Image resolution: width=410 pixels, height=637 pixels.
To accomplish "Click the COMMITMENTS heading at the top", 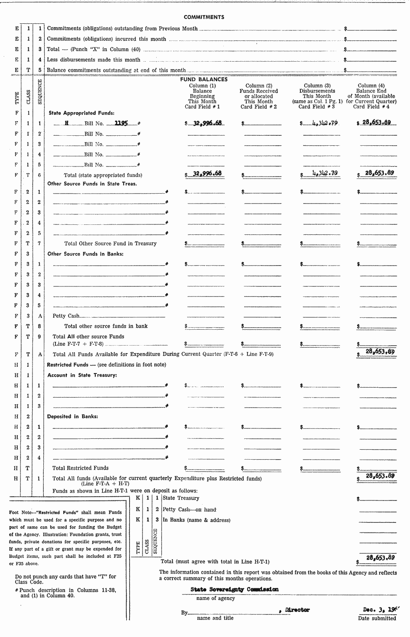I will click(x=204, y=17).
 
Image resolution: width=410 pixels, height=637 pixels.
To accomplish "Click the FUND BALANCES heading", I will click(x=204, y=80).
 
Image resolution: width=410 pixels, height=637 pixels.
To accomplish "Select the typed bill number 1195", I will click(x=121, y=123).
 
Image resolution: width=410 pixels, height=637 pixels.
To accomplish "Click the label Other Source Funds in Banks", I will click(x=85, y=254).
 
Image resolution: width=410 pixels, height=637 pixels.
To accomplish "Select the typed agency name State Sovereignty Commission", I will click(x=234, y=590).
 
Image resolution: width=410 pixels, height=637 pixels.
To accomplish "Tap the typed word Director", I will click(x=297, y=610).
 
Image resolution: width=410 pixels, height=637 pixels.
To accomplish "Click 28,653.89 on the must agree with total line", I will click(x=380, y=557).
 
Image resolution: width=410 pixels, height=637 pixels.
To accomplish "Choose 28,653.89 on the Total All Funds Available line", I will click(x=380, y=351).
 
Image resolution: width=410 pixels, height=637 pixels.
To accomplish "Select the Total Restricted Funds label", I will click(x=80, y=468).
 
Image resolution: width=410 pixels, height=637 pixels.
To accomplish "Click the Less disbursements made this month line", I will click(x=93, y=60).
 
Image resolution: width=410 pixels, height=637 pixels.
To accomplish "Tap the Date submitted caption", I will click(x=377, y=619).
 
